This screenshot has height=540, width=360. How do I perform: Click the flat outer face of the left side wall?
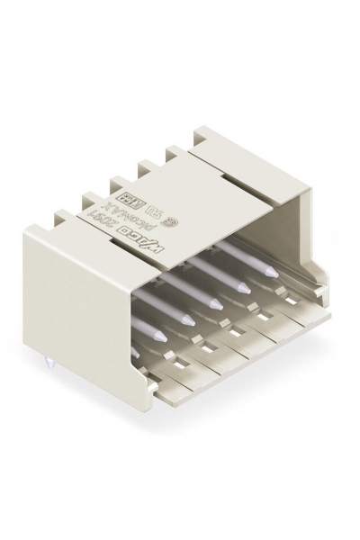[x=90, y=288]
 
